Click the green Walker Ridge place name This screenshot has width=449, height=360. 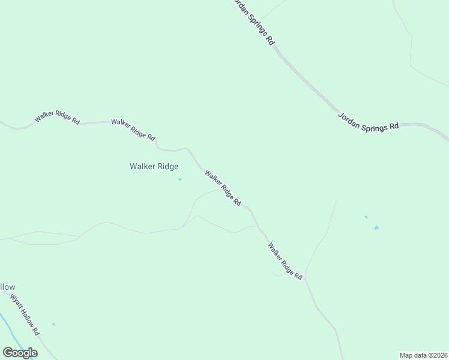click(154, 167)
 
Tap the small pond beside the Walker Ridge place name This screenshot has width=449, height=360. click(179, 179)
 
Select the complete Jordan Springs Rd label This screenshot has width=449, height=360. click(368, 122)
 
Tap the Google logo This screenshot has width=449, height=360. click(20, 353)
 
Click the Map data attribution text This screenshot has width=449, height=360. click(423, 355)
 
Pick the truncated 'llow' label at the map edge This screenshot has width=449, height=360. click(7, 287)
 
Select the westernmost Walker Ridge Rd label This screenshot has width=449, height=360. click(57, 117)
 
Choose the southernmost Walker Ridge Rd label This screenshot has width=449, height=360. click(285, 260)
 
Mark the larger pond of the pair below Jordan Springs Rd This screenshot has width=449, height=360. click(376, 228)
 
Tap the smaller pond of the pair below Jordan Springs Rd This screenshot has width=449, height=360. click(366, 217)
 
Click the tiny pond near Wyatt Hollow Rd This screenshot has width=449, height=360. click(53, 325)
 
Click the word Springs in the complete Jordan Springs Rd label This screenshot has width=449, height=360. click(368, 122)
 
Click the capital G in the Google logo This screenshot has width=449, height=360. click(8, 353)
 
